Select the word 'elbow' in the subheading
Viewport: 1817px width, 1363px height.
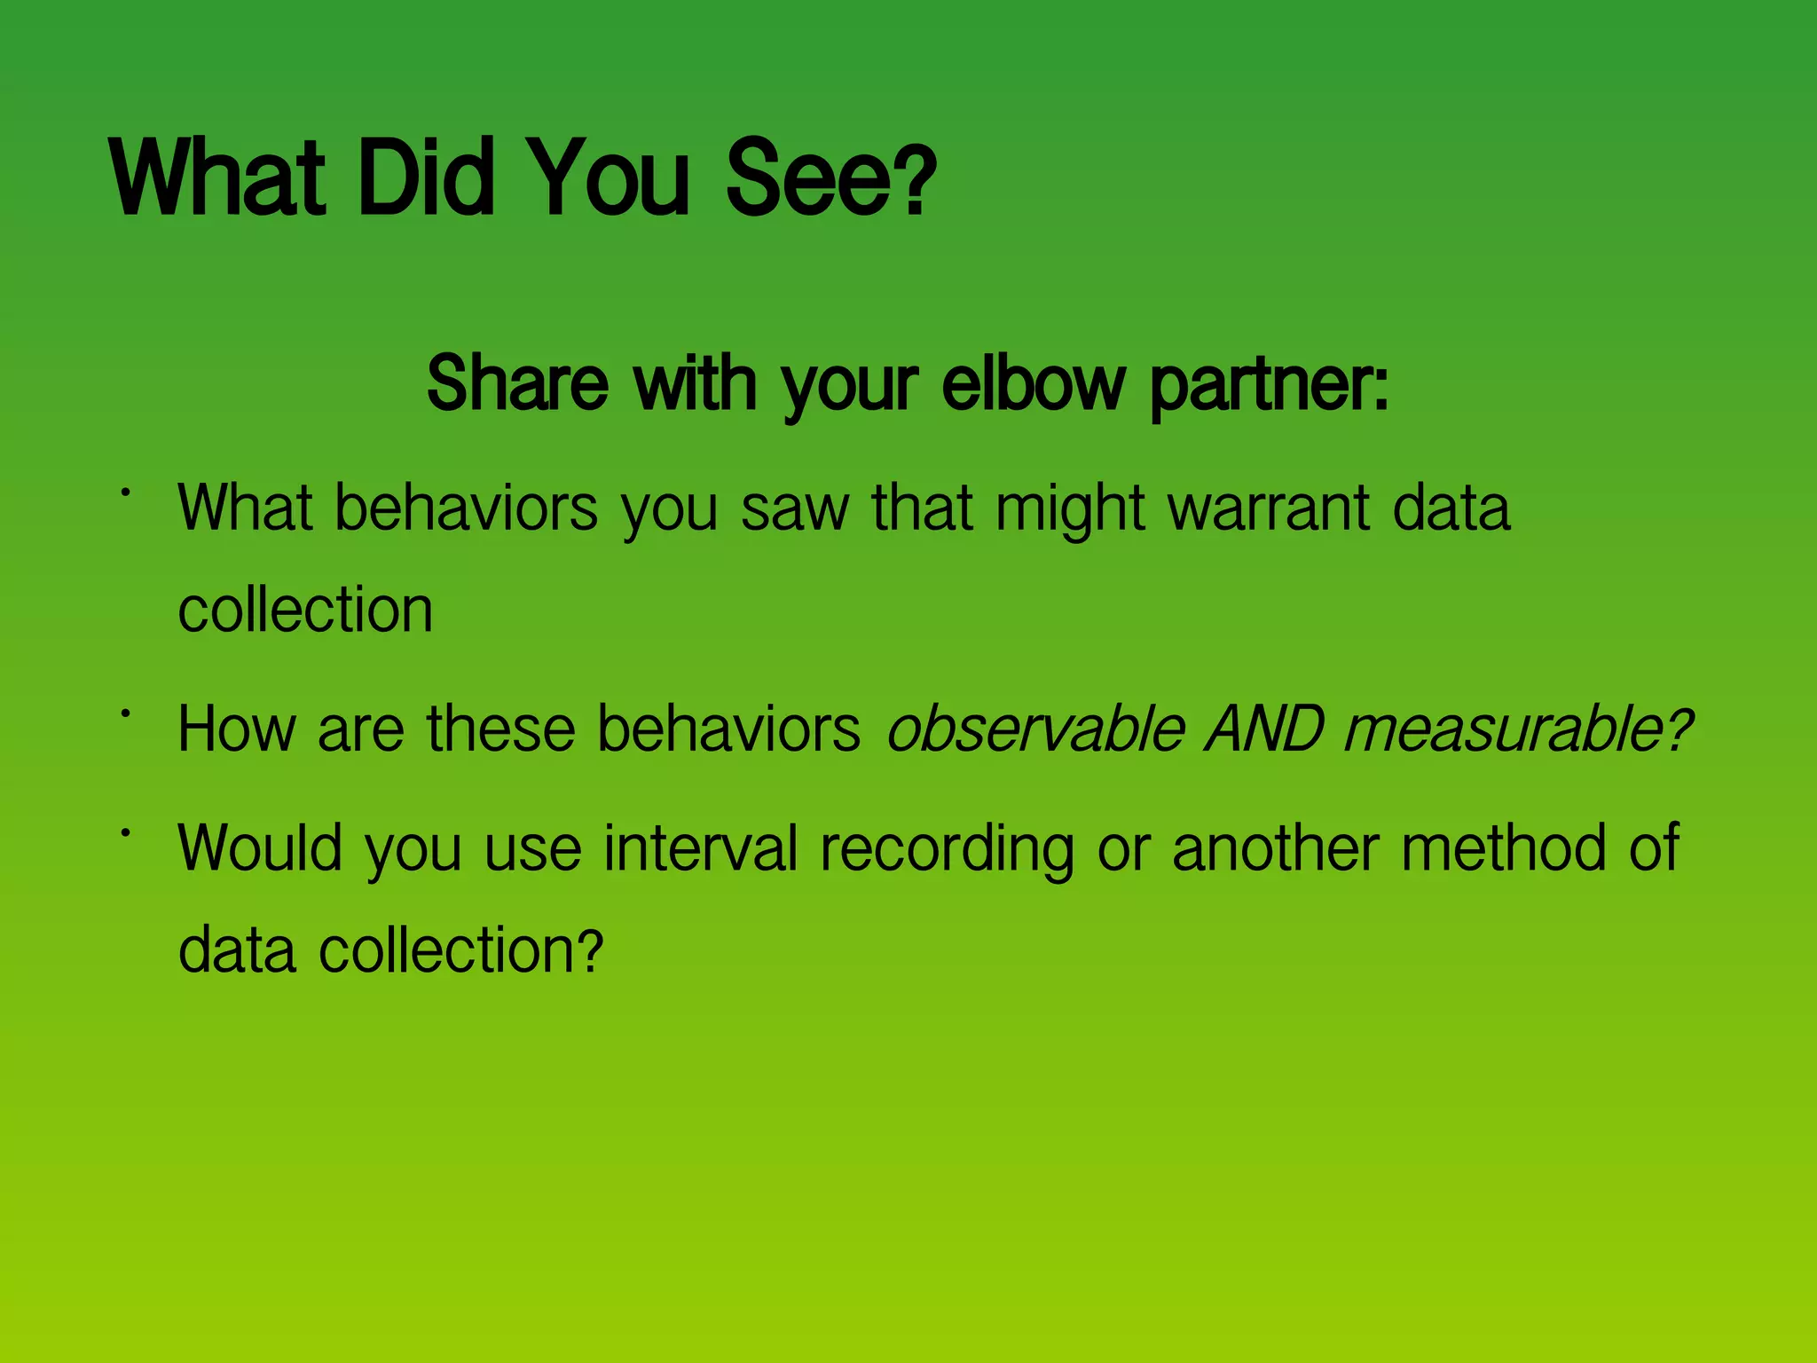click(x=1033, y=384)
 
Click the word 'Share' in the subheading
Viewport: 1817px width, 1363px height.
click(x=517, y=384)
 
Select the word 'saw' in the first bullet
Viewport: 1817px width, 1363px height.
click(x=795, y=510)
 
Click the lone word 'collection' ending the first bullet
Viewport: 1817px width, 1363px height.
click(x=305, y=611)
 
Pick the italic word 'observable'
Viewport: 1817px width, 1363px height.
click(x=1035, y=729)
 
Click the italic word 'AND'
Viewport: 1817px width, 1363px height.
click(x=1263, y=729)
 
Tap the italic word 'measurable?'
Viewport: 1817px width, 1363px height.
click(x=1517, y=729)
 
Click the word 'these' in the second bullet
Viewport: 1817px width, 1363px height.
click(x=500, y=729)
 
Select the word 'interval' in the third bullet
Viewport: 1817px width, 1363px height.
click(x=701, y=848)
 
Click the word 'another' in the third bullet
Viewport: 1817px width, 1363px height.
click(x=1276, y=848)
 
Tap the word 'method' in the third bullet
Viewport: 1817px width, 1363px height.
click(x=1503, y=848)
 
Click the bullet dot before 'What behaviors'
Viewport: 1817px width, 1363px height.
click(x=127, y=491)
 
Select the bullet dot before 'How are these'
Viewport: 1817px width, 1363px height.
click(x=127, y=713)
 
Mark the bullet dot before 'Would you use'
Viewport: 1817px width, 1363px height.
click(x=127, y=831)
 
